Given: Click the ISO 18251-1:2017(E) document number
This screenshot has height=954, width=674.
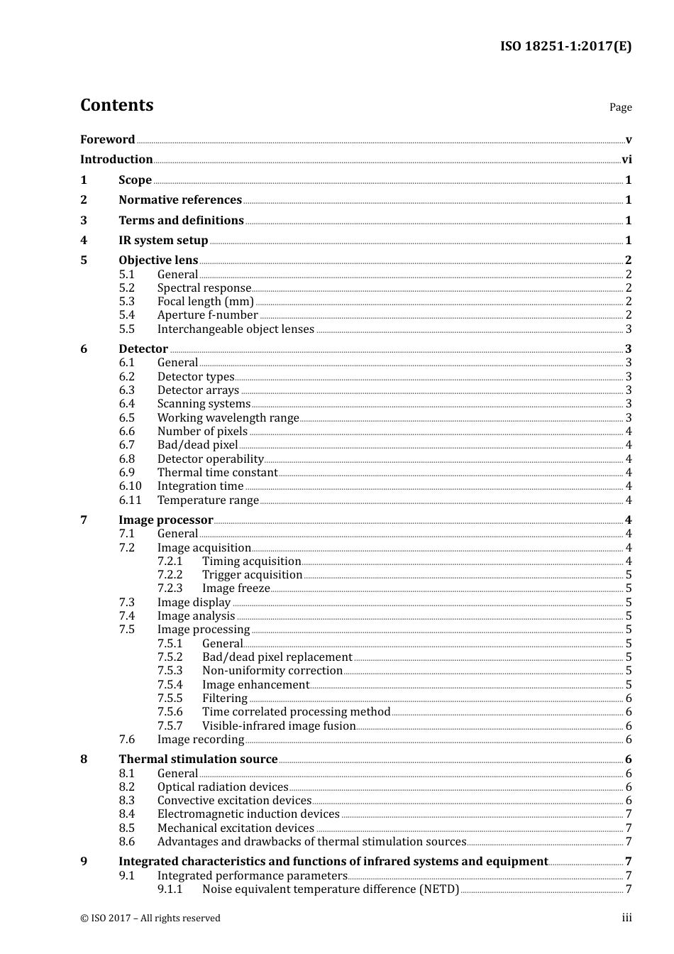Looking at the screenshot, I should click(x=565, y=47).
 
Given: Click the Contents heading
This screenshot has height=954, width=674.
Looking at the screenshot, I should click(x=116, y=105).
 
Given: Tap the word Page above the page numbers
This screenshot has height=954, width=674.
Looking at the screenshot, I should click(x=620, y=107).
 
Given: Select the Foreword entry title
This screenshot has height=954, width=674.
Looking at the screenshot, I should click(x=107, y=140).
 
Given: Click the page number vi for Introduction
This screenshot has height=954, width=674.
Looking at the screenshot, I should click(x=626, y=160).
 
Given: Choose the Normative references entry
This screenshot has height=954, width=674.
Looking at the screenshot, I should click(x=180, y=200).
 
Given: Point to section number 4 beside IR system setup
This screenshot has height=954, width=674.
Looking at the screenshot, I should click(x=84, y=241).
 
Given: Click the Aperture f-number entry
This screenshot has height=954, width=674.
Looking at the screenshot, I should click(x=207, y=315).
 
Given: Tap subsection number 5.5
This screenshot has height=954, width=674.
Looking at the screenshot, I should click(x=126, y=329).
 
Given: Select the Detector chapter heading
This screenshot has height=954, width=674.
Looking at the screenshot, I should click(x=143, y=349).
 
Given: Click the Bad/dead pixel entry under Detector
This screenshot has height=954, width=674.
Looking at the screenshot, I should click(x=197, y=445).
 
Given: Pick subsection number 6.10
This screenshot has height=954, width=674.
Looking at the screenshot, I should click(x=130, y=486).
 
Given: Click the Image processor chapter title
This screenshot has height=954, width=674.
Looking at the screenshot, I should click(x=166, y=520).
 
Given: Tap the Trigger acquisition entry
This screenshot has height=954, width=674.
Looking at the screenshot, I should click(x=252, y=575).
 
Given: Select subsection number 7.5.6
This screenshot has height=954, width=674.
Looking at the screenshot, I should click(x=170, y=712).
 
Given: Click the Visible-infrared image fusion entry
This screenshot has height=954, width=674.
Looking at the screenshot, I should click(x=279, y=726).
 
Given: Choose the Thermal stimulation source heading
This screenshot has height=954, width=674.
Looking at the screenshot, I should click(x=198, y=760).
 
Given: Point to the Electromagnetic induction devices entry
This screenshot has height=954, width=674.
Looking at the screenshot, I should click(x=248, y=814).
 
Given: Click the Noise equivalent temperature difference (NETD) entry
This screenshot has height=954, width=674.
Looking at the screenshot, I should click(x=331, y=889).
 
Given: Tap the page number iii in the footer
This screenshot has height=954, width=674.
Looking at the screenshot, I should click(x=626, y=918).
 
